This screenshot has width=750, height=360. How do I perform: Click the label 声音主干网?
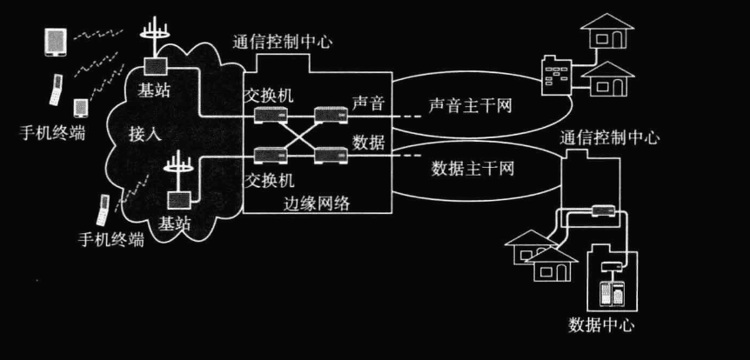(x=470, y=106)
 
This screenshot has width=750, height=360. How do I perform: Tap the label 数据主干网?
(x=472, y=168)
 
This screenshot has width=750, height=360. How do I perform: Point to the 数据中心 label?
(x=601, y=326)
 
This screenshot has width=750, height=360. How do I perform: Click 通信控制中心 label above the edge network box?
(x=282, y=42)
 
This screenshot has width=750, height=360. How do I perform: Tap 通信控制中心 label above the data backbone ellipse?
(x=609, y=137)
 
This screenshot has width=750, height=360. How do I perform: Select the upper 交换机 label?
(x=269, y=92)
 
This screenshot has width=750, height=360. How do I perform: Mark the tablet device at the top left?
(x=54, y=42)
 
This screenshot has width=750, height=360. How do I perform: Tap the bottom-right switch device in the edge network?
(x=326, y=154)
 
